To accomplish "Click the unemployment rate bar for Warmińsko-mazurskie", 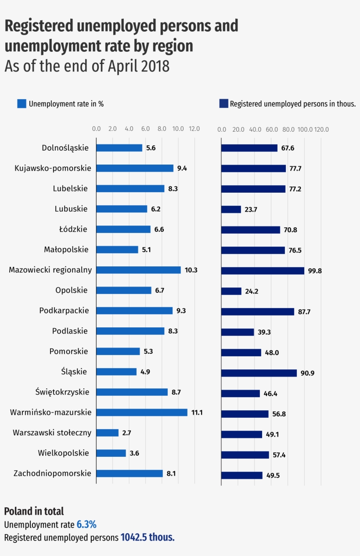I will tap(141, 413).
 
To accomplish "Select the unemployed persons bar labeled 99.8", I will tap(262, 271).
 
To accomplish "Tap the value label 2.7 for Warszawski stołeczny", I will tap(126, 433).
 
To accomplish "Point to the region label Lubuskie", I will tap(71, 209).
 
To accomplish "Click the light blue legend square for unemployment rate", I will tap(22, 104).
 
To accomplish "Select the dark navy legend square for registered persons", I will tap(223, 104).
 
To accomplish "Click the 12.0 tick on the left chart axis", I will tap(194, 129).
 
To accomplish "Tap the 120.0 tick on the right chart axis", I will tap(321, 129).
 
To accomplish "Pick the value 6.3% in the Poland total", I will tap(86, 524).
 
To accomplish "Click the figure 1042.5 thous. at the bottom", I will tap(148, 538).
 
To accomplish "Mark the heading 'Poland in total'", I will tap(34, 511).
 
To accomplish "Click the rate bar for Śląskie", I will tap(116, 372).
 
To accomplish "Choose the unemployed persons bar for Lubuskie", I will tap(231, 209).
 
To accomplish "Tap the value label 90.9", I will tap(307, 373).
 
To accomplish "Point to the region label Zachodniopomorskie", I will tap(52, 473).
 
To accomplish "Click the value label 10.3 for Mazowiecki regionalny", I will tap(191, 270).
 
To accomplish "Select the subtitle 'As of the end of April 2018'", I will tap(87, 66).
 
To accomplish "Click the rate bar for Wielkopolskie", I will tap(111, 453).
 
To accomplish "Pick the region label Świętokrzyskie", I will tap(62, 392).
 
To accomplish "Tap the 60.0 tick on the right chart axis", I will tap(271, 129).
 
